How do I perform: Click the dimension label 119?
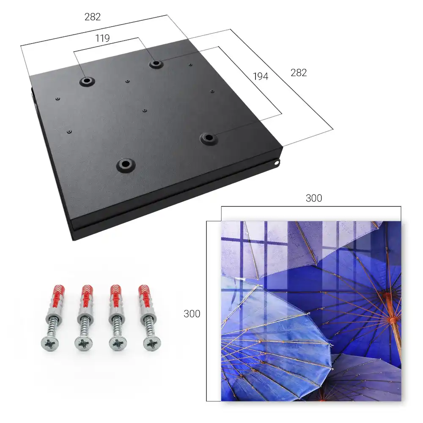tap(102, 38)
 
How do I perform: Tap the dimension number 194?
tap(261, 77)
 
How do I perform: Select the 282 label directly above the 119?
tap(93, 17)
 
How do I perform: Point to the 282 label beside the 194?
tap(299, 73)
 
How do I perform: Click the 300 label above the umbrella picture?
tap(314, 198)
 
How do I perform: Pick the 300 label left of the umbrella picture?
tap(192, 314)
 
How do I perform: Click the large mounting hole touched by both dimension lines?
tap(156, 64)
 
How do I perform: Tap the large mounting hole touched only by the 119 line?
tap(87, 81)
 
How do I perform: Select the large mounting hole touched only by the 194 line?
tap(208, 138)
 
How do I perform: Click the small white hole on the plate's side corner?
tap(276, 163)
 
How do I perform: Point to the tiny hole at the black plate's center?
tap(145, 110)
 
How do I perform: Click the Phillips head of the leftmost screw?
tap(50, 343)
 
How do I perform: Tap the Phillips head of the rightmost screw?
tap(152, 343)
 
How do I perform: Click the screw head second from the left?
tap(84, 344)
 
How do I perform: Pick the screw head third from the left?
tap(118, 343)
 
